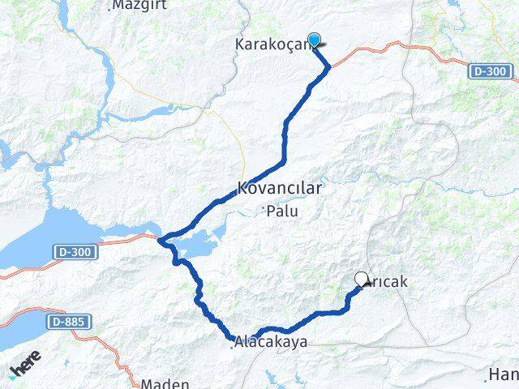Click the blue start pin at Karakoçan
tap(314, 39)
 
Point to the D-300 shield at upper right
tap(491, 72)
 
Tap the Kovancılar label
tap(280, 188)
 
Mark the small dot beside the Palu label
tap(264, 211)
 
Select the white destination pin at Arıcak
tap(362, 279)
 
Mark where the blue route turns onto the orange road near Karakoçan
tap(328, 67)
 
